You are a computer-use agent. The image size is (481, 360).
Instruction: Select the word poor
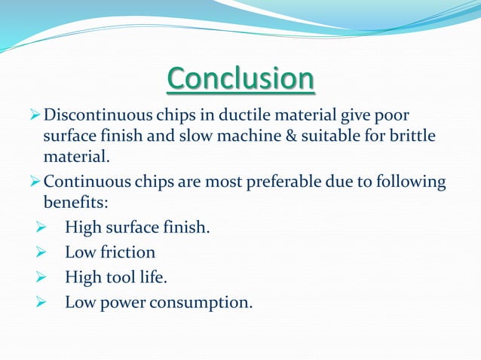pos(399,117)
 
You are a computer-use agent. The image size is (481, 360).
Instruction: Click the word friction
pos(126,252)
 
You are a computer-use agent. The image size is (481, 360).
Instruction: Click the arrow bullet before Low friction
pos(42,252)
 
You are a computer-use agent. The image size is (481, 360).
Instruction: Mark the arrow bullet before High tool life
pos(42,278)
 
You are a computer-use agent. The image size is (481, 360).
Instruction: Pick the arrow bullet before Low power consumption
pos(42,304)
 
